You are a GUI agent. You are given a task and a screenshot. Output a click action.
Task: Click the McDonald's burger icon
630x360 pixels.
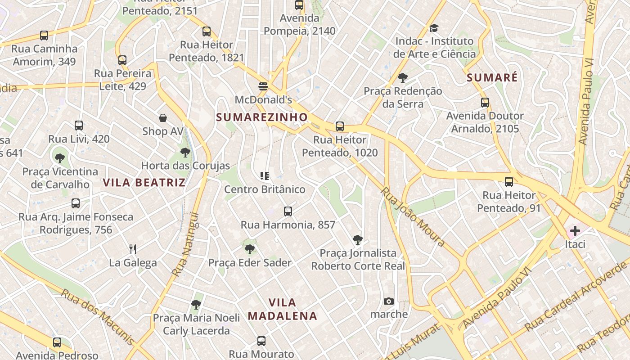[x=263, y=86]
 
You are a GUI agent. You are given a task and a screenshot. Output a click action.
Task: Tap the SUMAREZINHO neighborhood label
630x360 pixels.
[x=262, y=117]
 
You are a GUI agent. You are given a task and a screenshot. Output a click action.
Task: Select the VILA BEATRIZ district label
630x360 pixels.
[x=144, y=182]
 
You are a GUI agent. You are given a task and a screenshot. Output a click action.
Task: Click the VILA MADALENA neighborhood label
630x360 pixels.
[x=283, y=309]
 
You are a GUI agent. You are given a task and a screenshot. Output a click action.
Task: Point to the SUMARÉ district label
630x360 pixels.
[x=492, y=78]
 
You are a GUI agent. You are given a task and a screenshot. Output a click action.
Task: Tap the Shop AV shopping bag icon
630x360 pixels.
[x=163, y=118]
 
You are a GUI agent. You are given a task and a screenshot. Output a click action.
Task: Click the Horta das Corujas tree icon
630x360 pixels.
[x=185, y=152]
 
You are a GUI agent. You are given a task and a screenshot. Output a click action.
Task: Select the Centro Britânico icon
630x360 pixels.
[x=265, y=176]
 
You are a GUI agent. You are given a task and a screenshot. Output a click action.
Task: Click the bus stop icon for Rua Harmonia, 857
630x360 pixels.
[x=288, y=211]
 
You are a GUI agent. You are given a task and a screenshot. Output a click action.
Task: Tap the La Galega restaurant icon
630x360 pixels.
[x=133, y=249]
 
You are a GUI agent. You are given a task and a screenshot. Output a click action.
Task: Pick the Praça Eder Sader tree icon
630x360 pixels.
[x=250, y=249]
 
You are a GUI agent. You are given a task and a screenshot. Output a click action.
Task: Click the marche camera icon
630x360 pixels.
[x=389, y=301]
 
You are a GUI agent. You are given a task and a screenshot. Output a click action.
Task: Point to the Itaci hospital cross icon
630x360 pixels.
[x=575, y=231]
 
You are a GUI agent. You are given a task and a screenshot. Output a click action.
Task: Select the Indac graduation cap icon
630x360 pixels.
[x=434, y=28]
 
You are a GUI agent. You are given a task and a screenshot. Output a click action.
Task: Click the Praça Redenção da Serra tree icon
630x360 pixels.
[x=403, y=78]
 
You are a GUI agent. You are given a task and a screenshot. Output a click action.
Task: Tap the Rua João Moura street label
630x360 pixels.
[x=413, y=216]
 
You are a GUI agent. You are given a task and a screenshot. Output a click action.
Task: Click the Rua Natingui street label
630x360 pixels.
[x=185, y=244]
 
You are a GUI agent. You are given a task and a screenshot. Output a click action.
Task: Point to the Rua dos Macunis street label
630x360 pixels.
[x=97, y=317]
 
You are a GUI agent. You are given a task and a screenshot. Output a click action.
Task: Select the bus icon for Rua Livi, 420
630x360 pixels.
[x=79, y=126]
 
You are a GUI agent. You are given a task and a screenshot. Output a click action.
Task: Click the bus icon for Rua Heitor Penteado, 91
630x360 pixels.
[x=508, y=182]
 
